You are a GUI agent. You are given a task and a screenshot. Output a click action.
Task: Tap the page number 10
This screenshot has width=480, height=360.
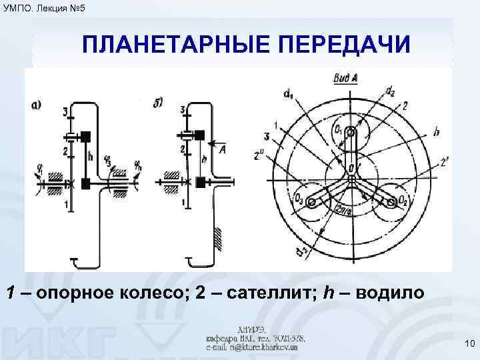tap(468, 343)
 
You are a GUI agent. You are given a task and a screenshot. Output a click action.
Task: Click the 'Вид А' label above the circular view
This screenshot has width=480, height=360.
tap(345, 78)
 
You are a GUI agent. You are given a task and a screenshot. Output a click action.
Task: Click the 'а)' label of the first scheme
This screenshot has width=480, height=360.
tap(37, 103)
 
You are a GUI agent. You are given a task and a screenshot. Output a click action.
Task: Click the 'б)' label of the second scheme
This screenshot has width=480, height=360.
tap(159, 102)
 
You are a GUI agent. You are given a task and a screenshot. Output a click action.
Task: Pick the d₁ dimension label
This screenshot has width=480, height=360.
tap(288, 95)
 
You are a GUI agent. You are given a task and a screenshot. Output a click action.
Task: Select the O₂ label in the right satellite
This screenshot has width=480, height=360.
tap(401, 200)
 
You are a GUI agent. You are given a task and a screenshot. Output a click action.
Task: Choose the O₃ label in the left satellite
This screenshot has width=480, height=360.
tap(299, 197)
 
